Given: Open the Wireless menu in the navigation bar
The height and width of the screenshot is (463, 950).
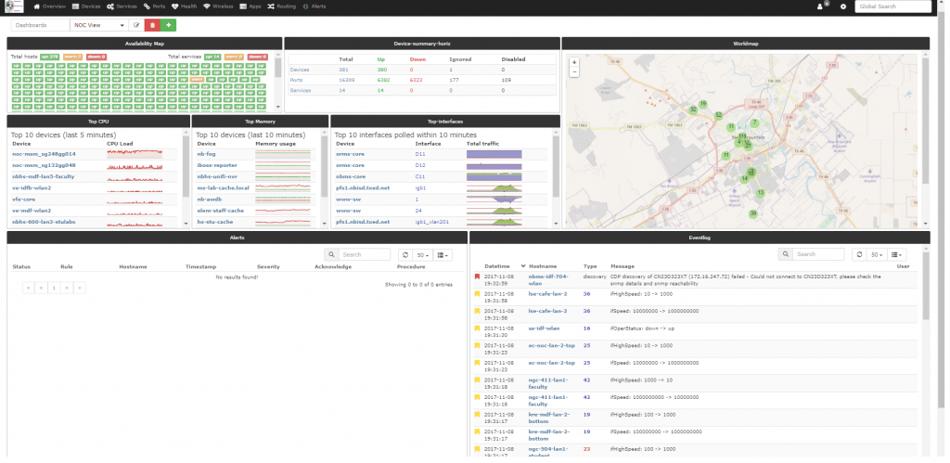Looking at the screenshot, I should (218, 6).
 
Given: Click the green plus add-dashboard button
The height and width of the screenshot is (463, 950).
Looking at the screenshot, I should (169, 25).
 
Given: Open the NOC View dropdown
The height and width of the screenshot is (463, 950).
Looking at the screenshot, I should (100, 25).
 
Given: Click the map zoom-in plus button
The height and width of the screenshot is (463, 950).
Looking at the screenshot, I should (573, 63).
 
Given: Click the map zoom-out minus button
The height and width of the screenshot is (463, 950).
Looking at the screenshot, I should (573, 72).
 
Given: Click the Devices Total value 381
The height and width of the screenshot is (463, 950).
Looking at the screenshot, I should (345, 70).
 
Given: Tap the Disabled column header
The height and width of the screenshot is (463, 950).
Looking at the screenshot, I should (514, 59).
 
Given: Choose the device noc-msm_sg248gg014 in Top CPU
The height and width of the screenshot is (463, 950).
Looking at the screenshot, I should (45, 154).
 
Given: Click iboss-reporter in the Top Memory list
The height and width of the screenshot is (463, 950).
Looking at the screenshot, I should (214, 165).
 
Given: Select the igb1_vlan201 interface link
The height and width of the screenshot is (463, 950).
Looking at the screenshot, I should (432, 222).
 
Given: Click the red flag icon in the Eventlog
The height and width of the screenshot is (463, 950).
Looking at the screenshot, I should (477, 277).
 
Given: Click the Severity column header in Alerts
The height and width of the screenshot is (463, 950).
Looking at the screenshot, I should (268, 266).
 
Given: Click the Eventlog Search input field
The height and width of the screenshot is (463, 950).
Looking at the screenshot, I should (819, 254).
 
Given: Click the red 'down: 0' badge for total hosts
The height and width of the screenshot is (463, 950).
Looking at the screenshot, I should (96, 57).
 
